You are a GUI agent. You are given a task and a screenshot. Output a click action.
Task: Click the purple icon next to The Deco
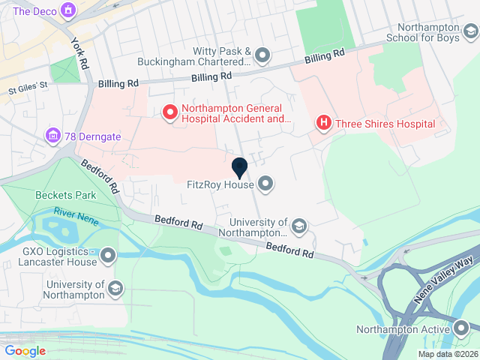pos(69,10)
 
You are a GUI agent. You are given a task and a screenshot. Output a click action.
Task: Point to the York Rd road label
pos(78,55)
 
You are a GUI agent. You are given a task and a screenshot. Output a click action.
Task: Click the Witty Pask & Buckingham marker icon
pos(262,54)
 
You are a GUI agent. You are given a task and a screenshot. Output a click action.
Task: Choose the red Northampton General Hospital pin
pos(169,112)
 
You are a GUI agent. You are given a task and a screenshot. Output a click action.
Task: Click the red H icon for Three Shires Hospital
pos(323,123)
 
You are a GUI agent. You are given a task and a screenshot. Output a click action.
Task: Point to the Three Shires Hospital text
pos(385,124)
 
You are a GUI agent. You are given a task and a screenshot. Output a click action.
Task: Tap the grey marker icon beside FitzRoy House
pos(265,183)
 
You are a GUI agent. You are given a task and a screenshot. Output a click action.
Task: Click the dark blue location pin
pos(240,168)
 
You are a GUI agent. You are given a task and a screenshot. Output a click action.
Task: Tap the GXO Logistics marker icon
pos(109,256)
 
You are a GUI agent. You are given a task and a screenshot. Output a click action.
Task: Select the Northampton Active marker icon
pos(462,328)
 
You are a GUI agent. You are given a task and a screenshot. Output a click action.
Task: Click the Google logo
pos(25,350)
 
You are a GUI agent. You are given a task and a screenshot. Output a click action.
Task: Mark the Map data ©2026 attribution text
pos(447,354)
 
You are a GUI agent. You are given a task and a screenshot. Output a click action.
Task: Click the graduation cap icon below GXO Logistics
pos(115,289)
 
